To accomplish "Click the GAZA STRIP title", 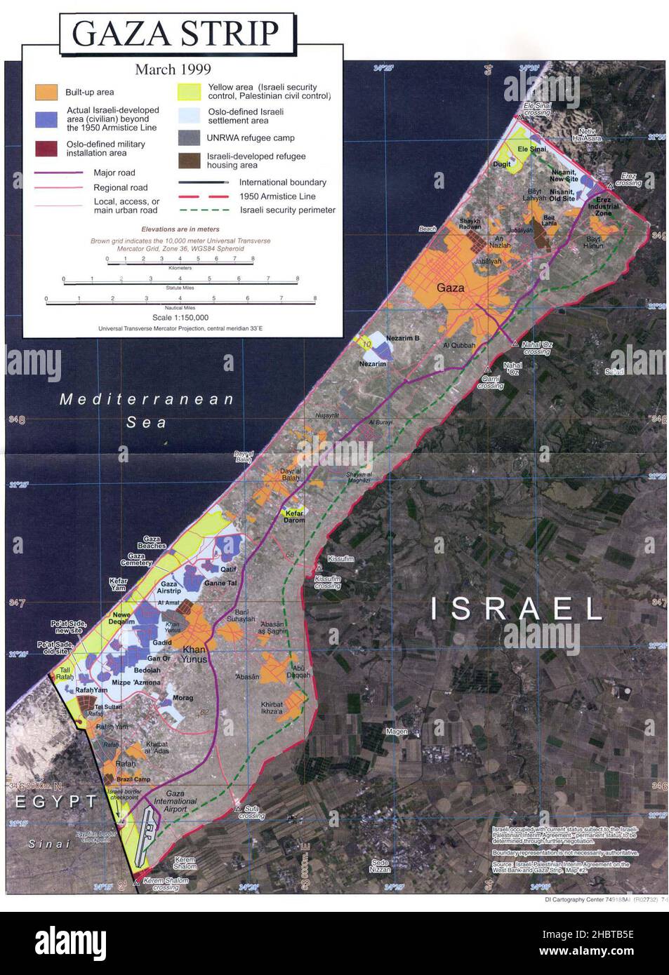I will pos(175,33).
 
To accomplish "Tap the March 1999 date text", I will pos(173,69).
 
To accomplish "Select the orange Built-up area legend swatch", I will pos(46,92).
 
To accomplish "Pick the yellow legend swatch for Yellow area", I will pos(188,92).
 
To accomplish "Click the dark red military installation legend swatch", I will pos(46,148).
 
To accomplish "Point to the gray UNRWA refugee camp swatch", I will pos(189,137).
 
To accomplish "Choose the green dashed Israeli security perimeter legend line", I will pos(204,210).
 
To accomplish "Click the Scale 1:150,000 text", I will pos(180,318).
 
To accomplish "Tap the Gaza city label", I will pos(450,288).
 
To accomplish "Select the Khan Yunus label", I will pos(194,654).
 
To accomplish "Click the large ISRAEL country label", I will pos(517,608).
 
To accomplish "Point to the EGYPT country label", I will pos(56,801).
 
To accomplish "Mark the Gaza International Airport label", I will pos(175,801).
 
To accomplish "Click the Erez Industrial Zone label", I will pos(603,206).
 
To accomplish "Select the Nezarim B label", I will pos(402,338).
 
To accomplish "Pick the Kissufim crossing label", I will pos(327,582).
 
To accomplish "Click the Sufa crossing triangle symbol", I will pos(238,809).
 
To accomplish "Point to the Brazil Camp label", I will pos(133,779).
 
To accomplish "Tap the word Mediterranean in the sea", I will pos(147,399).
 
